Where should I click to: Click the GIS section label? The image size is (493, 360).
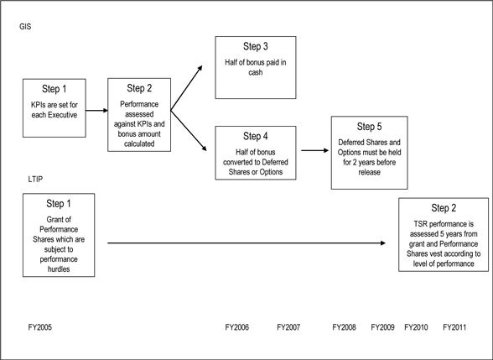25,27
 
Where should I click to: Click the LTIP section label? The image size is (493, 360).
35,179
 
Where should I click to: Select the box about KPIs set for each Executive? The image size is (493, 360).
54,108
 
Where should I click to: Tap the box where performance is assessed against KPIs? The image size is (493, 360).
139,115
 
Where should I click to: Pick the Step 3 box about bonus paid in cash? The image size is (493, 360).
256,67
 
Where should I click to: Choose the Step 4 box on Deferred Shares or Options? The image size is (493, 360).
256,153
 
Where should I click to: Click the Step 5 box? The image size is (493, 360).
370,153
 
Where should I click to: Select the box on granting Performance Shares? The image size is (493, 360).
59,235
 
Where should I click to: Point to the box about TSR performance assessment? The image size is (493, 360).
444,234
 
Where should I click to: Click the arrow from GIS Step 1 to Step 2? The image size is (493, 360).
97,111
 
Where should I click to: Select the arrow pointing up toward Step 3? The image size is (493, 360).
186,88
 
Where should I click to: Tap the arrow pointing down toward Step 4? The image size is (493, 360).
189,131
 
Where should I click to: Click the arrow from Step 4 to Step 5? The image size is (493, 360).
315,150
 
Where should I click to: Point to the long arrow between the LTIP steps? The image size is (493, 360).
246,243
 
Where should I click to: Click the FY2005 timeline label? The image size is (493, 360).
40,327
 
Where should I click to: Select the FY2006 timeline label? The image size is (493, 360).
237,327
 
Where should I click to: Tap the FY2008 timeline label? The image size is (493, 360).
345,327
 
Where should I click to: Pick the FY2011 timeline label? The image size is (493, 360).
454,327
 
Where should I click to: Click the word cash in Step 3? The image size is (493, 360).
255,72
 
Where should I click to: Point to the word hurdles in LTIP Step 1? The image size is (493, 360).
59,269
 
